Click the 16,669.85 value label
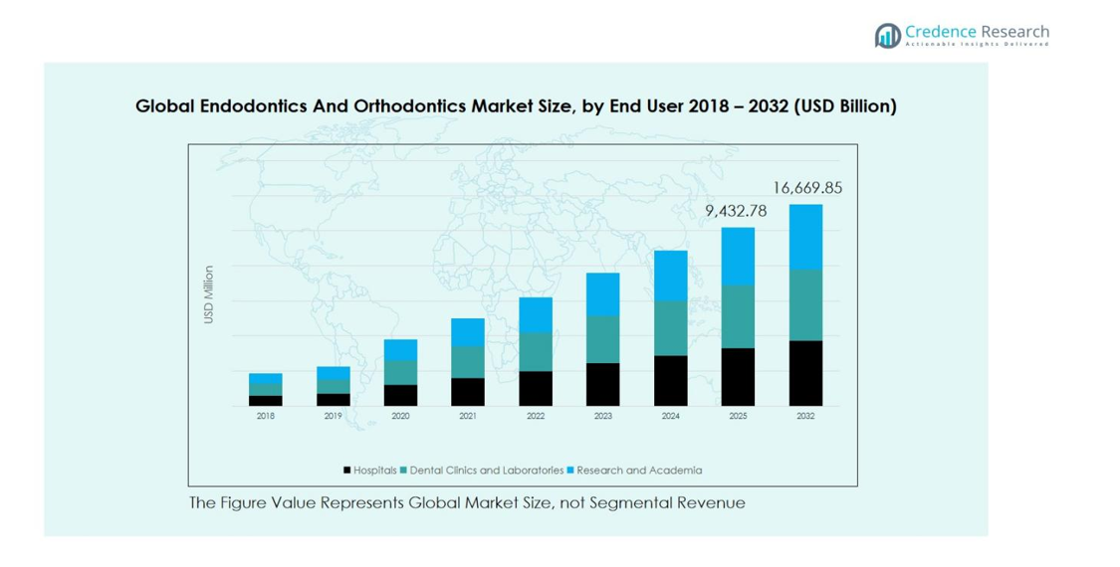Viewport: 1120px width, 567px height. point(807,188)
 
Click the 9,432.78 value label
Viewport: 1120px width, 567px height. point(736,211)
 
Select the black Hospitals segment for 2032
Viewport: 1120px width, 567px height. point(805,373)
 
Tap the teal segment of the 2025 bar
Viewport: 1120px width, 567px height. point(738,316)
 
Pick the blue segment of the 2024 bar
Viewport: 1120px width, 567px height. point(670,276)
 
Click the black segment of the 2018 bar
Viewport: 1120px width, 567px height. point(265,401)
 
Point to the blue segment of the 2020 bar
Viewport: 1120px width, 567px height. point(400,349)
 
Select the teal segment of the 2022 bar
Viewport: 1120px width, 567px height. point(536,351)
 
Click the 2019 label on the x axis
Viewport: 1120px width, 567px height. point(333,416)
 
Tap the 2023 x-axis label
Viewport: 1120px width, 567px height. point(602,416)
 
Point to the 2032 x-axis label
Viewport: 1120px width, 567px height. point(805,416)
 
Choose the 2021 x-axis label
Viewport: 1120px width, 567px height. point(468,416)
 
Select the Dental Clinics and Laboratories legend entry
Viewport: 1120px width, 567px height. point(486,471)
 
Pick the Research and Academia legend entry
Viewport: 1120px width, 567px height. point(638,471)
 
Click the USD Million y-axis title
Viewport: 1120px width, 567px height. point(209,294)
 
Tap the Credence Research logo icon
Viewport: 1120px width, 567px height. point(887,36)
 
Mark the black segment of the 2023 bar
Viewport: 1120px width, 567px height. point(602,384)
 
